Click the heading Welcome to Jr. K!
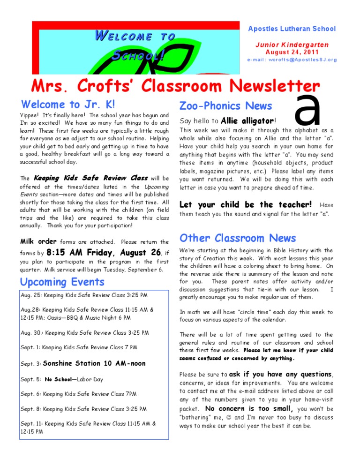click(x=68, y=104)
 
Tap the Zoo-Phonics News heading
click(x=226, y=106)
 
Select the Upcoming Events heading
click(x=62, y=282)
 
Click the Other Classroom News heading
click(x=238, y=238)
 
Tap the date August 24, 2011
click(x=292, y=52)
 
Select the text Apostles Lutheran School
click(x=292, y=29)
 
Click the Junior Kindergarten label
click(x=292, y=45)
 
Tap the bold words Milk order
click(x=38, y=241)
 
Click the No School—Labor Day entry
click(x=74, y=379)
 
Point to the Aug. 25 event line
click(x=84, y=295)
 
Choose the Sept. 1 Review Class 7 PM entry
click(x=79, y=347)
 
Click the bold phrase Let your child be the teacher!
click(x=246, y=204)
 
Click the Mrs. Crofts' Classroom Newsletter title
click(x=169, y=86)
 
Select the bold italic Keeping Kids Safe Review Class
click(x=90, y=178)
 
